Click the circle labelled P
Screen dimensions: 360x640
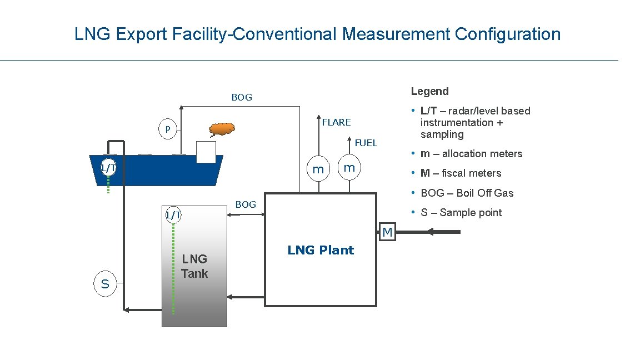[x=167, y=129]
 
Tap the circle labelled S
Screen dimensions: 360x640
[x=105, y=284]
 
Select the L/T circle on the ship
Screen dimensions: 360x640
[x=108, y=167]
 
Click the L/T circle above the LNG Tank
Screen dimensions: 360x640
[x=174, y=214]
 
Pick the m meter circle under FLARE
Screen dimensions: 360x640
[x=318, y=168]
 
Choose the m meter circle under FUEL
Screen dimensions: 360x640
[x=349, y=167]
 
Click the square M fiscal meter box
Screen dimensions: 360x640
[x=387, y=232]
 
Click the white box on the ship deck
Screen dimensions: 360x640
[x=206, y=152]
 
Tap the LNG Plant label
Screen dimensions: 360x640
[x=321, y=250]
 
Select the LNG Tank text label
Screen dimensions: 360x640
[x=194, y=266]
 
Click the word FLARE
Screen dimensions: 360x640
[x=337, y=122]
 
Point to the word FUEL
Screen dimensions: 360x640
[x=366, y=143]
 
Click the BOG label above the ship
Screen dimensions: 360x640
[x=242, y=97]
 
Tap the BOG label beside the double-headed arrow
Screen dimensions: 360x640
[x=246, y=204]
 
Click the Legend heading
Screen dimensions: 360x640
[x=429, y=91]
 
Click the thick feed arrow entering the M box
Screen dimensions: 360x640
[x=428, y=232]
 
